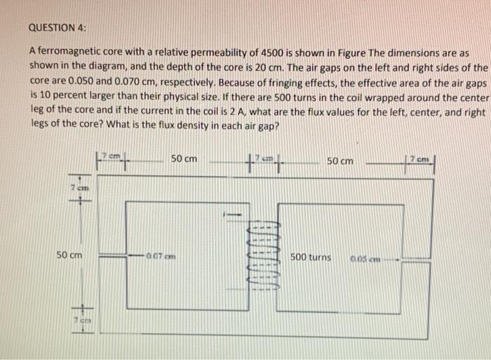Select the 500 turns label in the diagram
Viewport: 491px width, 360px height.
click(x=311, y=258)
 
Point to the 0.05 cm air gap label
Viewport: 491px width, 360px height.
click(x=367, y=258)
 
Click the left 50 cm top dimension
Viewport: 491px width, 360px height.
click(x=184, y=159)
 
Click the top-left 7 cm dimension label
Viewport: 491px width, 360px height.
click(x=111, y=154)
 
